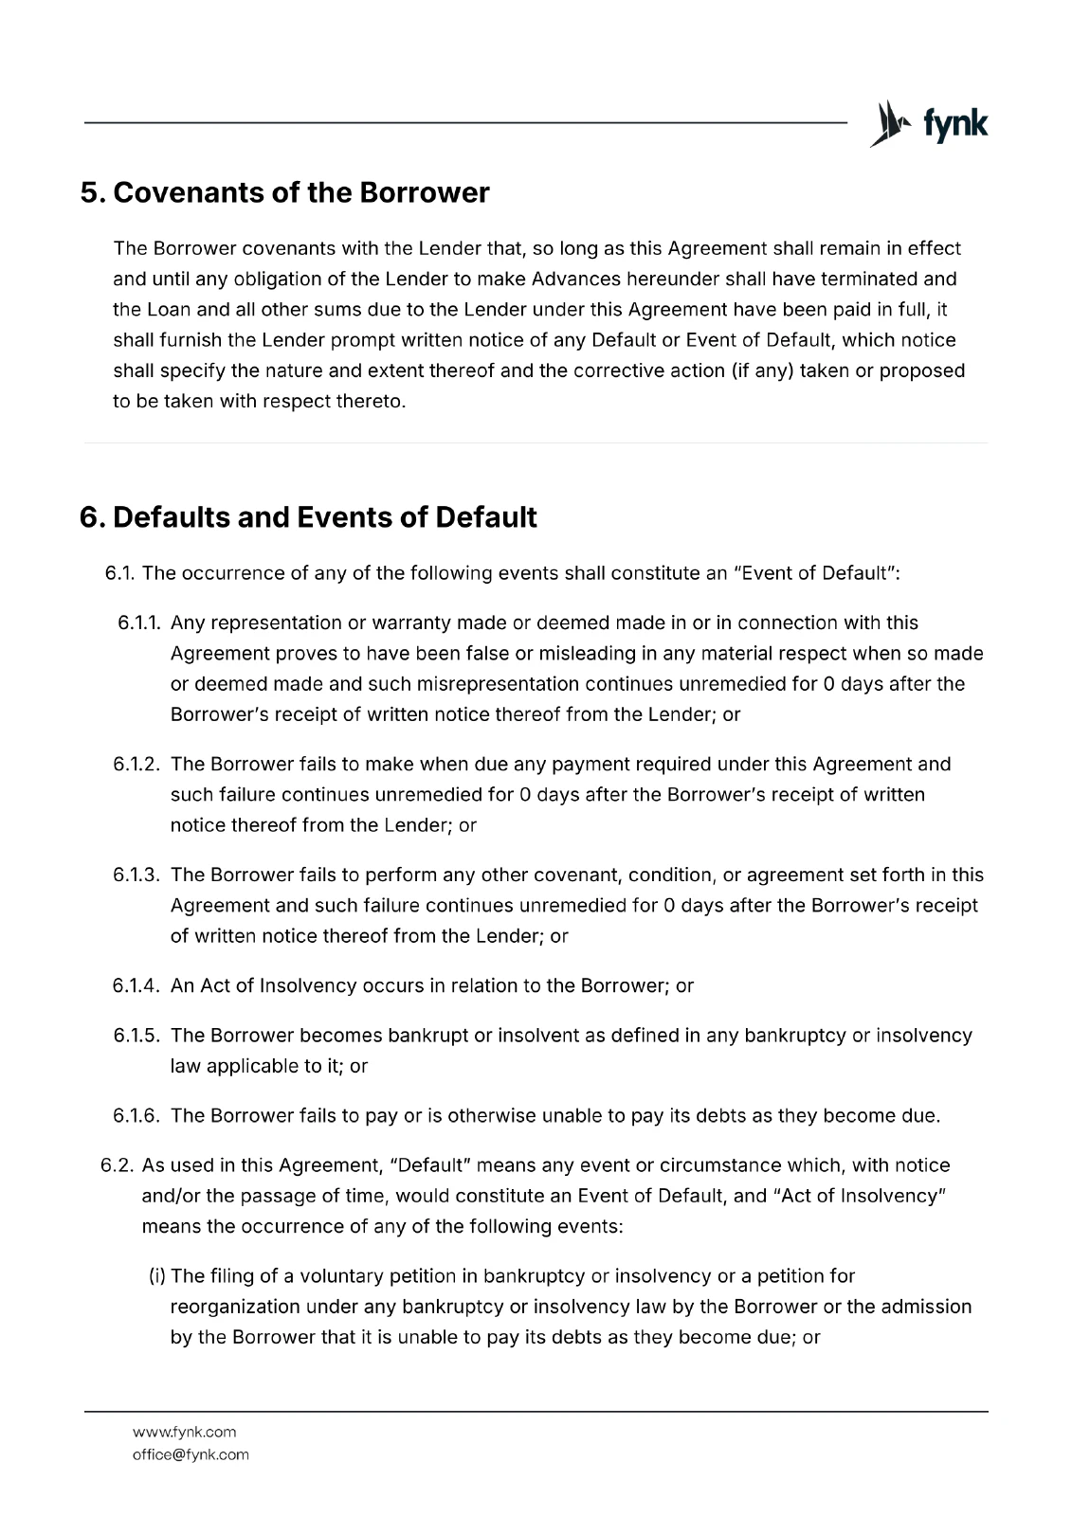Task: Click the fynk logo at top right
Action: click(x=929, y=124)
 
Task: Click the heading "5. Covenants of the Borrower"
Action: click(x=285, y=192)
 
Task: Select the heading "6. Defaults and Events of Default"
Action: click(x=309, y=517)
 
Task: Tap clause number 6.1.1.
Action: click(x=140, y=623)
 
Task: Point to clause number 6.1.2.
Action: click(x=138, y=765)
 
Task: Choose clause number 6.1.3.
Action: click(x=138, y=875)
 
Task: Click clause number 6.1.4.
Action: click(x=138, y=986)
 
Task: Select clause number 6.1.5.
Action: click(x=138, y=1036)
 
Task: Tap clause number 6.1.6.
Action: click(x=138, y=1116)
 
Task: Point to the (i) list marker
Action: click(x=157, y=1276)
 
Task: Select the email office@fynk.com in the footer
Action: click(x=191, y=1454)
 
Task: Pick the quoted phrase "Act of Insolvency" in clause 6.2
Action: click(x=862, y=1196)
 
